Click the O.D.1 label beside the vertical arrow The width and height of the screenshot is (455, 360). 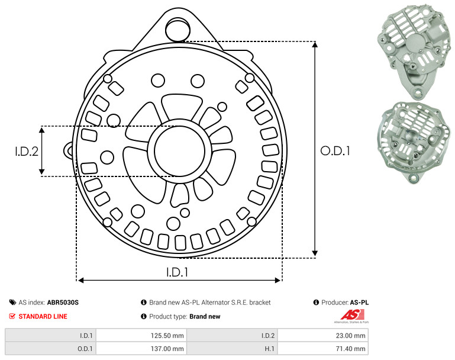tap(335, 151)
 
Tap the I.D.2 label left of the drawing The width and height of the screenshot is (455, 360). tap(27, 151)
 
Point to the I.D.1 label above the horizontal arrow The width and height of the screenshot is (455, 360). tap(178, 272)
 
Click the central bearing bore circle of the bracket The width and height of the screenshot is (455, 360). tap(180, 151)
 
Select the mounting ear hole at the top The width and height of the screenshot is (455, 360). tap(178, 29)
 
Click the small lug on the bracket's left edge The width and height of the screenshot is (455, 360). tap(69, 150)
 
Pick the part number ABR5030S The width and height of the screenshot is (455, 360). tap(63, 303)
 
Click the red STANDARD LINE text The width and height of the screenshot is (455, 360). tap(43, 316)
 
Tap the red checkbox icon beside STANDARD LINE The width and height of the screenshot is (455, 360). tap(12, 316)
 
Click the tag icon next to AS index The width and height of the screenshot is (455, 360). tap(12, 303)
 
